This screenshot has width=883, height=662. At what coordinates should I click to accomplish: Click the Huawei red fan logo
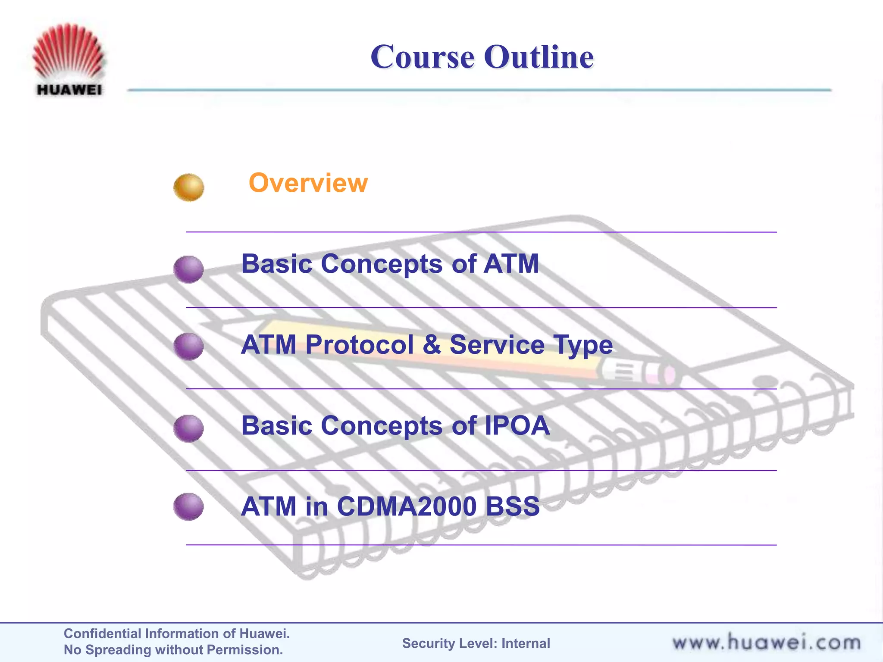69,52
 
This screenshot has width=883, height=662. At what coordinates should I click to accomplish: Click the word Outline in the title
539,57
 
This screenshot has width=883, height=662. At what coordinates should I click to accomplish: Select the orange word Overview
308,183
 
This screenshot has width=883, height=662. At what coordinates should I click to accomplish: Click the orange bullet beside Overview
188,187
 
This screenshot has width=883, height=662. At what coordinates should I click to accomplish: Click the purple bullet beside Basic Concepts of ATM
188,269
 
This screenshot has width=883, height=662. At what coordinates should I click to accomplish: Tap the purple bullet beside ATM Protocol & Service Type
188,346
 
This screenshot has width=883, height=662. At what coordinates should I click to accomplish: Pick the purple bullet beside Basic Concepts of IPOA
188,428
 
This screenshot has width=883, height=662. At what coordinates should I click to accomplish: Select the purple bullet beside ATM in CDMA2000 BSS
188,506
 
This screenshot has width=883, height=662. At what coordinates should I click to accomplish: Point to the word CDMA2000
406,507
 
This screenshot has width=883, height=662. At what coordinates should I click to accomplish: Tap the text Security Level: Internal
476,643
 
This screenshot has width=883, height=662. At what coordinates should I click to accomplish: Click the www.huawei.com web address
766,643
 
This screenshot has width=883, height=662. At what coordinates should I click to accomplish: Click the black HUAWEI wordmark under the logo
69,90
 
